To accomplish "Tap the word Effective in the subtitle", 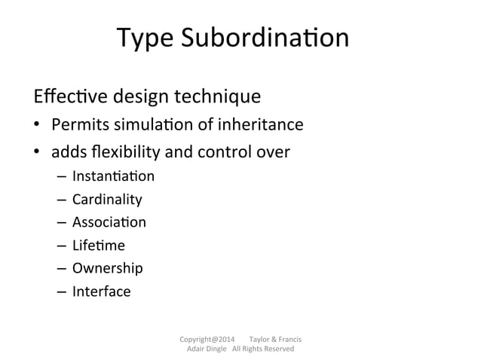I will (66, 97).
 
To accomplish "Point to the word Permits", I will (77, 125).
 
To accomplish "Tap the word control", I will (225, 152).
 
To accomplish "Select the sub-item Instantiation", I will (113, 177).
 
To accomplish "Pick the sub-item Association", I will (109, 222).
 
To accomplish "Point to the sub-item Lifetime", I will (98, 245).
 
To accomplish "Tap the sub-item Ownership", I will (107, 267).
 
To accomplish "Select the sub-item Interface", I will (101, 291).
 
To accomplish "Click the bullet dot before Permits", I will (36, 126).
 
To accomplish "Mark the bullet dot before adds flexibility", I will (36, 153).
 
